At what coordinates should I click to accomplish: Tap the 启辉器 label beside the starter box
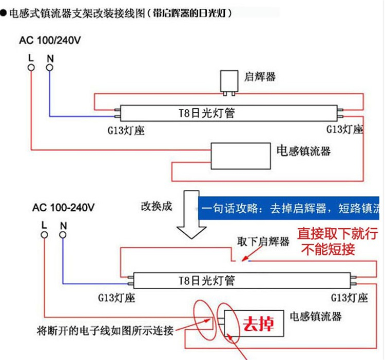pos(260,77)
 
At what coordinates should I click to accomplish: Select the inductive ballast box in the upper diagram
pos(241,156)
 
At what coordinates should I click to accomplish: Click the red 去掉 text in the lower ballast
pos(259,324)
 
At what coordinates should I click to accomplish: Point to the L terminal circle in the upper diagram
pos(31,68)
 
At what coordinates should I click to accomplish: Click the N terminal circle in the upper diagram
pos(50,68)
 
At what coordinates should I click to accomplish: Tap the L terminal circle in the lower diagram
pos(44,235)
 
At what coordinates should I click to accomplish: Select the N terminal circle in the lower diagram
pos(63,235)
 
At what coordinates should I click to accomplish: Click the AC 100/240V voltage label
pos(50,41)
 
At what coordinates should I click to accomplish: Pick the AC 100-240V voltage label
pos(63,208)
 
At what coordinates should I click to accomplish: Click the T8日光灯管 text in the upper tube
pos(206,113)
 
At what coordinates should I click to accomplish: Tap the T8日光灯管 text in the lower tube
pos(206,281)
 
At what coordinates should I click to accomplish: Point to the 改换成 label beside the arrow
pos(157,207)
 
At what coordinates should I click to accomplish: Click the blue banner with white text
pos(288,208)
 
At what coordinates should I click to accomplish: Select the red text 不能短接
pos(329,249)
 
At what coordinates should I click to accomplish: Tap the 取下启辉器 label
pos(263,242)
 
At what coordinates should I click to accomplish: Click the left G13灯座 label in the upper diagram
pos(126,130)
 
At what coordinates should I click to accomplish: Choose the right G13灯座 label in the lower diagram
pos(350,298)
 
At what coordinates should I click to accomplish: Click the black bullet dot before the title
pos(3,13)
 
